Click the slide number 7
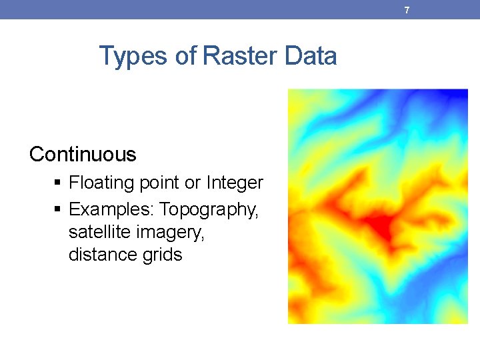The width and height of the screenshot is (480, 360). click(x=407, y=11)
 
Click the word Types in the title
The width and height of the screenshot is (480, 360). click(x=133, y=56)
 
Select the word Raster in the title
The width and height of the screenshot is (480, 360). click(x=240, y=55)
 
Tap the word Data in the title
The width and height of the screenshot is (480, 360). click(x=311, y=55)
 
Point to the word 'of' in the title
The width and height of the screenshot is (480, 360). click(x=186, y=55)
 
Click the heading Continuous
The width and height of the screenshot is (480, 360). click(x=83, y=154)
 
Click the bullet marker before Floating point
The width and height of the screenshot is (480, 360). click(x=57, y=183)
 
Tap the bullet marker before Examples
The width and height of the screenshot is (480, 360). click(x=57, y=209)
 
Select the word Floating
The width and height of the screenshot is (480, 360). click(x=101, y=183)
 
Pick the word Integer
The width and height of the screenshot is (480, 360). click(x=235, y=183)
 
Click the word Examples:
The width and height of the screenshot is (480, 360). click(x=111, y=210)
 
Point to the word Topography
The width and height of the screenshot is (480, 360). click(x=209, y=210)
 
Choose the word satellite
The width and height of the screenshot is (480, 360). click(x=99, y=232)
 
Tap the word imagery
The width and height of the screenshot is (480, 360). click(x=170, y=233)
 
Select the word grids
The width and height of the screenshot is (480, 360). click(x=162, y=255)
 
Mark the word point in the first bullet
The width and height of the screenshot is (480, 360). click(x=159, y=183)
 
